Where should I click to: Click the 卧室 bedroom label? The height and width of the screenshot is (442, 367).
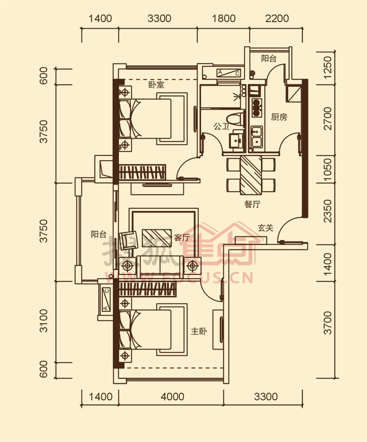point(156,84)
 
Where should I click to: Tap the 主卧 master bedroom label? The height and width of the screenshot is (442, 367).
point(199,331)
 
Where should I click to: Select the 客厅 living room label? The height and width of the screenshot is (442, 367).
point(182,237)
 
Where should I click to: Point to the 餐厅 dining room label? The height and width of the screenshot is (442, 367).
point(252,204)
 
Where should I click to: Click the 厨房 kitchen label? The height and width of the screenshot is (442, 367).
point(279,117)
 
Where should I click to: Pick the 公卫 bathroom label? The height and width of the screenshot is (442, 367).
point(221,126)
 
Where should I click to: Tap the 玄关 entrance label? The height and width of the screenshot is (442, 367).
point(266,228)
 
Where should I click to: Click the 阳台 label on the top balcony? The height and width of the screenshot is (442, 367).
point(268,58)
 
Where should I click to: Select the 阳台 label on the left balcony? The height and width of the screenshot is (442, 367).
point(99,234)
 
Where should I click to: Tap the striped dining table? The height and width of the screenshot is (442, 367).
point(251,175)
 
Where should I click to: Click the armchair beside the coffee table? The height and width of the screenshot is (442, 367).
point(128,240)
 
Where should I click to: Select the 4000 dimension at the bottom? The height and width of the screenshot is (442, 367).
point(172,396)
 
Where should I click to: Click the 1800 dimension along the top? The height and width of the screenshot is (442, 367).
point(223,19)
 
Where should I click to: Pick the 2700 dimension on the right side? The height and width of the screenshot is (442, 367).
point(328,118)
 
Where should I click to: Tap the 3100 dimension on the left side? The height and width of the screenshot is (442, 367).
point(44,321)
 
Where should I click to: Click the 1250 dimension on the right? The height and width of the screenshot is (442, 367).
point(328,68)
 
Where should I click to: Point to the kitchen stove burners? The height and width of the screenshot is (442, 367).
point(256,107)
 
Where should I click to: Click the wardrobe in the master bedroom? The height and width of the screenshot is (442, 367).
point(147,289)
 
